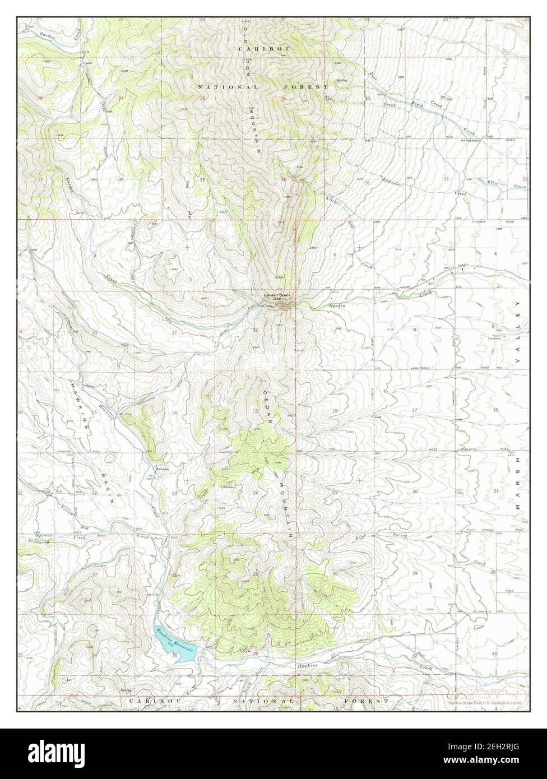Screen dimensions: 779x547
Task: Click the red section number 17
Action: tap(415, 411)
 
